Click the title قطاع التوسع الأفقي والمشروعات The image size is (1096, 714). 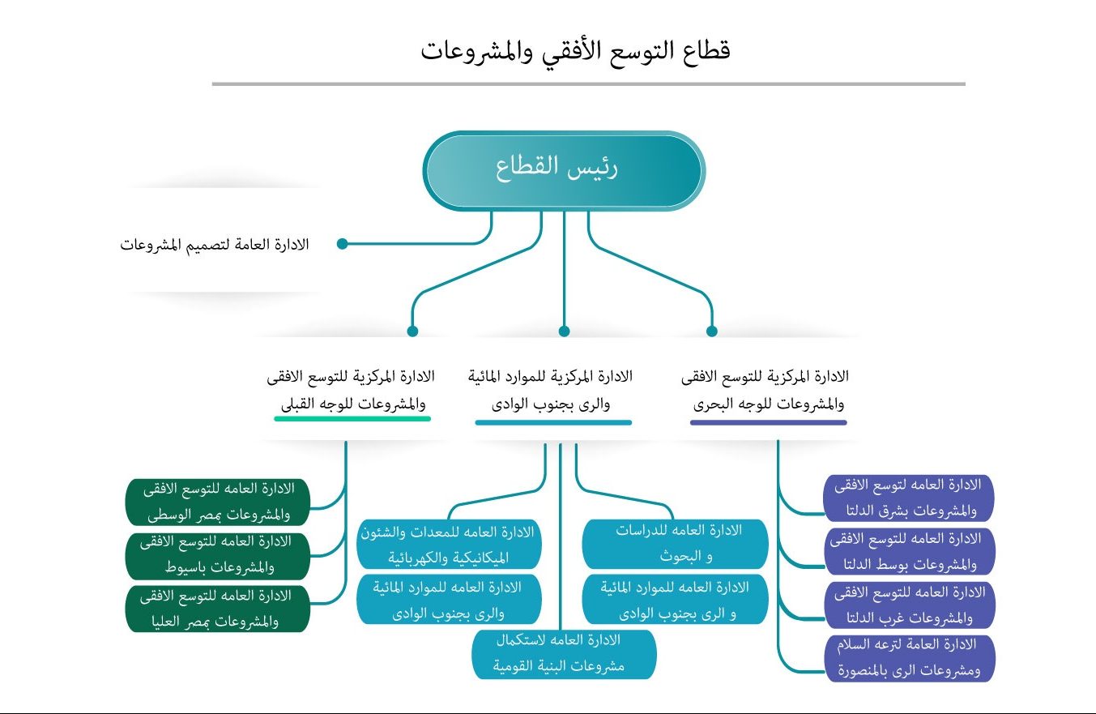(575, 51)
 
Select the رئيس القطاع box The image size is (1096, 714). (564, 170)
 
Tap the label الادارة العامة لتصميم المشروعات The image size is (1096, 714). (215, 244)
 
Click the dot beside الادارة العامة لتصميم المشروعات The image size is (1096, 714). (342, 244)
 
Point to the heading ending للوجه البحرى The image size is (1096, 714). (766, 389)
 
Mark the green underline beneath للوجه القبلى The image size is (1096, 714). (352, 419)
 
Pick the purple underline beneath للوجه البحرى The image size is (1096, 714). (768, 422)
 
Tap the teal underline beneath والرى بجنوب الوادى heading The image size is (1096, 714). (553, 422)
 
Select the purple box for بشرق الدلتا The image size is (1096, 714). (908, 498)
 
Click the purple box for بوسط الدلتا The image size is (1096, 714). (908, 551)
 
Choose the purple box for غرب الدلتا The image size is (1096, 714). (908, 605)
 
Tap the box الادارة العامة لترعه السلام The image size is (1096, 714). (908, 657)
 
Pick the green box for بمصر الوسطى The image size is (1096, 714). (218, 501)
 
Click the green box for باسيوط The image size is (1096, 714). (218, 554)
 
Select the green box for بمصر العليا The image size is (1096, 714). (218, 608)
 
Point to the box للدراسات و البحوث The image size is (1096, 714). (675, 543)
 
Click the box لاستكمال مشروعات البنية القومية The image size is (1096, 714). (564, 653)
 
